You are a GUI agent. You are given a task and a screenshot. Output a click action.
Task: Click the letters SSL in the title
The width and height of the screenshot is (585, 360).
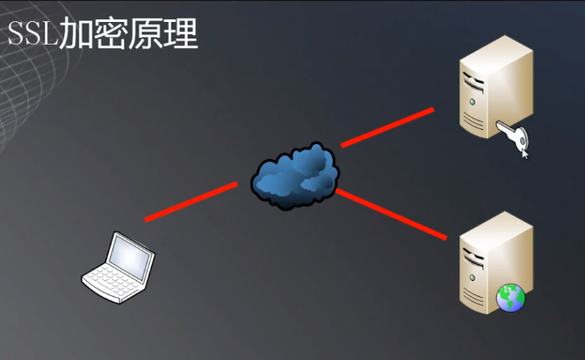(x=32, y=36)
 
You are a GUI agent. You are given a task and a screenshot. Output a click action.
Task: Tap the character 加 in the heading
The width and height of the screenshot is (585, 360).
(x=76, y=36)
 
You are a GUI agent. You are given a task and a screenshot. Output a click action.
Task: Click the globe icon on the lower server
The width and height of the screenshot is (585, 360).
(x=509, y=299)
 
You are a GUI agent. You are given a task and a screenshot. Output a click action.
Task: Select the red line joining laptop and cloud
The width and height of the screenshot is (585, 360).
(x=191, y=201)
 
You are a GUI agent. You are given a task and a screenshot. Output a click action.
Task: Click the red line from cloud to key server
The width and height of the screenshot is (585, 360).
(x=386, y=127)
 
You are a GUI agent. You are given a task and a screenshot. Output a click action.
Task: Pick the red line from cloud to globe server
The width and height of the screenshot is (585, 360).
(x=395, y=212)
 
